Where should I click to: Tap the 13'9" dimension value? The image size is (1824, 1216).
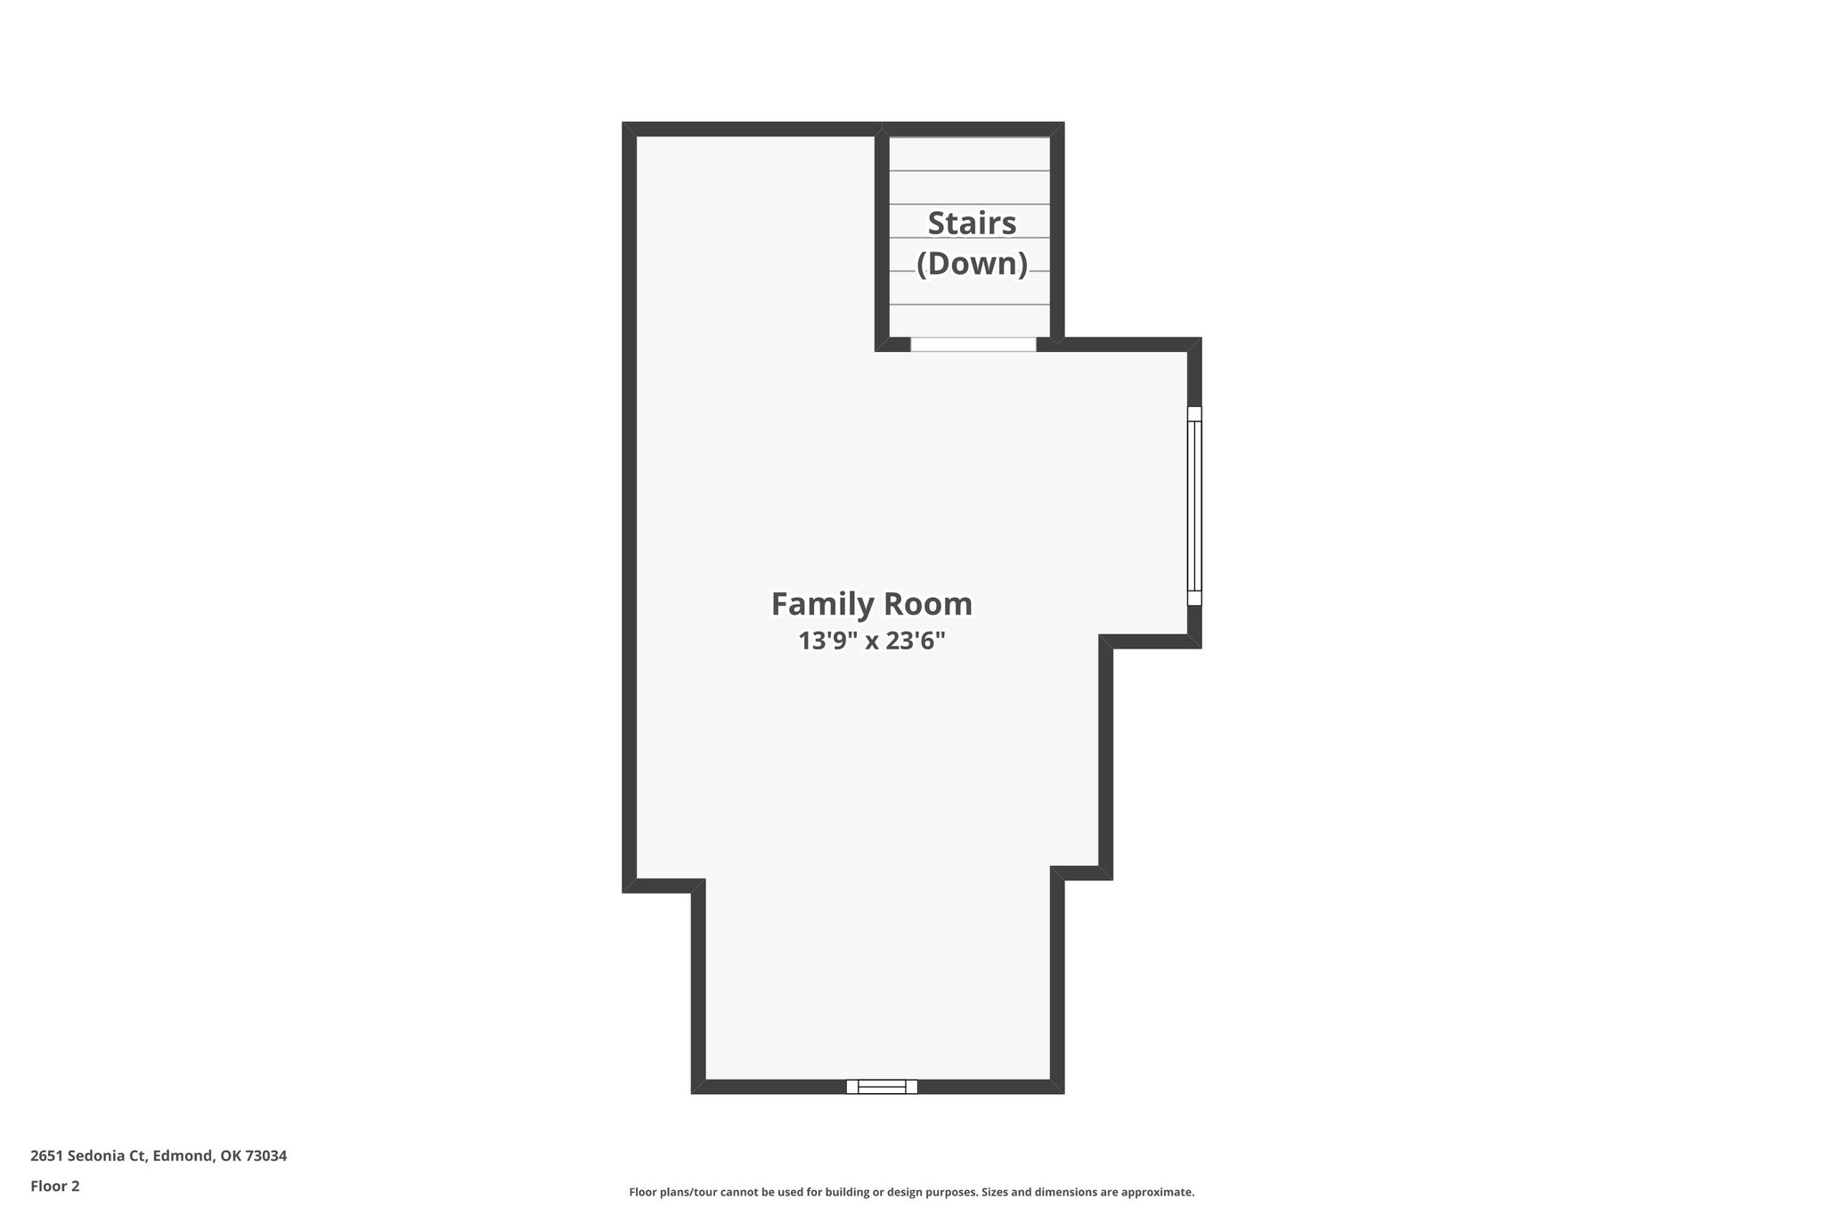(x=827, y=641)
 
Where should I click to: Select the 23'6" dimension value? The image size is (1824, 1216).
(x=915, y=641)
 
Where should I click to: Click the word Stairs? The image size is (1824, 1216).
(x=972, y=223)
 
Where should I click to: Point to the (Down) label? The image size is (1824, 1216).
(x=972, y=264)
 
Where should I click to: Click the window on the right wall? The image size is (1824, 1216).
(x=1194, y=506)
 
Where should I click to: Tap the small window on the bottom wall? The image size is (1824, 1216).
(x=881, y=1086)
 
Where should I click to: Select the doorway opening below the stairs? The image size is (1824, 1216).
(x=973, y=344)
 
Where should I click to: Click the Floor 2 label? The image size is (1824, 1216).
(x=55, y=1186)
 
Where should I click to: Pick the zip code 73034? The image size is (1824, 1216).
(x=265, y=1155)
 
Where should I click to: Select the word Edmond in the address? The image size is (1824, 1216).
(x=183, y=1155)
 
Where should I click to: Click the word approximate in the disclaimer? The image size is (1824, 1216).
(x=1157, y=1192)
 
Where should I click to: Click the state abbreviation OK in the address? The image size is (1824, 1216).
(x=230, y=1155)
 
